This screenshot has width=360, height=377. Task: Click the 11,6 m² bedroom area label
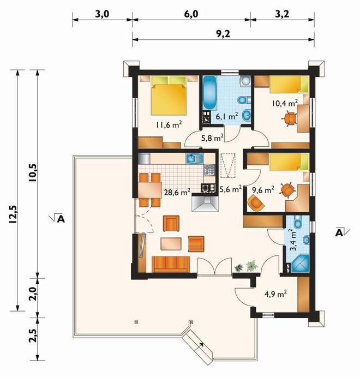point(169,125)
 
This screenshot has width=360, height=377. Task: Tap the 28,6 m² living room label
point(177,192)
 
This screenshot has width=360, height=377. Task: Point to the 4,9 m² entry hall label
point(275,294)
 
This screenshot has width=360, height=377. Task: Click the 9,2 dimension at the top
point(223,34)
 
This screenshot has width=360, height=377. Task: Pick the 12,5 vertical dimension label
point(13,214)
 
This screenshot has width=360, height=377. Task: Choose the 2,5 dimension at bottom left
point(33,336)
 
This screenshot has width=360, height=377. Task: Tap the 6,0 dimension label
point(191,14)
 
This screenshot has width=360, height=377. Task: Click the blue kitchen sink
point(194,159)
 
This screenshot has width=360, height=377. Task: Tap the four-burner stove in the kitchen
point(209,170)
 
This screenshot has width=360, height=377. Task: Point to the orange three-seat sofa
point(171,265)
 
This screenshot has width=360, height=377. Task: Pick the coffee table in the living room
point(171,244)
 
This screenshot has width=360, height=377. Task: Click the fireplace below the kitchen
point(205,203)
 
